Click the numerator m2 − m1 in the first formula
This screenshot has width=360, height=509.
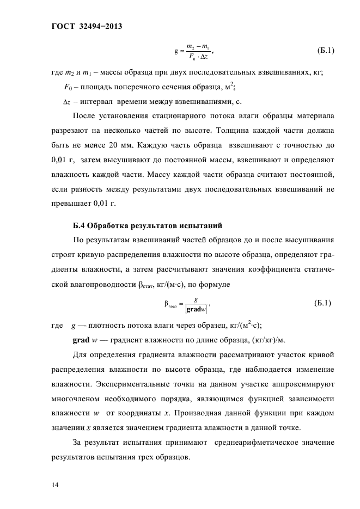pos(196,45)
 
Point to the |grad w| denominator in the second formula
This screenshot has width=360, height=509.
pos(195,309)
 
